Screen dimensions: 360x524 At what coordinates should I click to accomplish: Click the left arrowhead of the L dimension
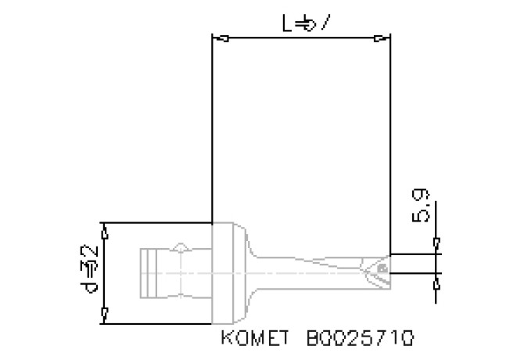point(220,38)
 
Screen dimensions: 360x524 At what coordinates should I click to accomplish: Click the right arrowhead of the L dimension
point(382,38)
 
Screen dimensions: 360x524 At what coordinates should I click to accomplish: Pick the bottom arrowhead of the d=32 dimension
point(106,315)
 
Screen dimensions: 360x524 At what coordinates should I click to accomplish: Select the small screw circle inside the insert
point(382,268)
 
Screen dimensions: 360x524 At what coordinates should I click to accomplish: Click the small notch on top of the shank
point(181,247)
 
